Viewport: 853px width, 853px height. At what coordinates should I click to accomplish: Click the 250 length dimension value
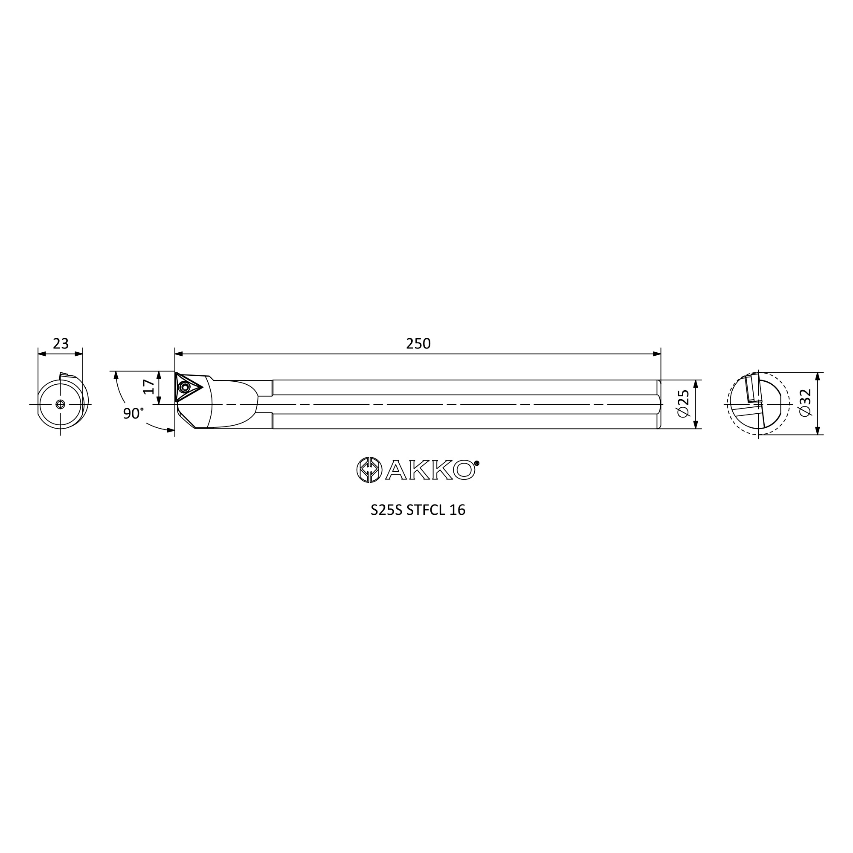pos(418,343)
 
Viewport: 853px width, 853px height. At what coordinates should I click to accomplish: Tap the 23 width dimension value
pos(61,343)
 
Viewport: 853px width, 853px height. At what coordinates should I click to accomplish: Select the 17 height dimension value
pos(150,387)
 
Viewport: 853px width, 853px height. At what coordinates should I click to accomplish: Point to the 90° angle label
pos(133,413)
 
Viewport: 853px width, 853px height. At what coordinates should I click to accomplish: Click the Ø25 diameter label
pos(682,403)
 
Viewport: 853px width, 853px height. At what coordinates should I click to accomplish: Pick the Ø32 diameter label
pos(805,403)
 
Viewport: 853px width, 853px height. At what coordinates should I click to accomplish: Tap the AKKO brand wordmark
pos(430,470)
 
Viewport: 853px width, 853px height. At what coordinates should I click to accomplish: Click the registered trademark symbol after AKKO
pos(477,463)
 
